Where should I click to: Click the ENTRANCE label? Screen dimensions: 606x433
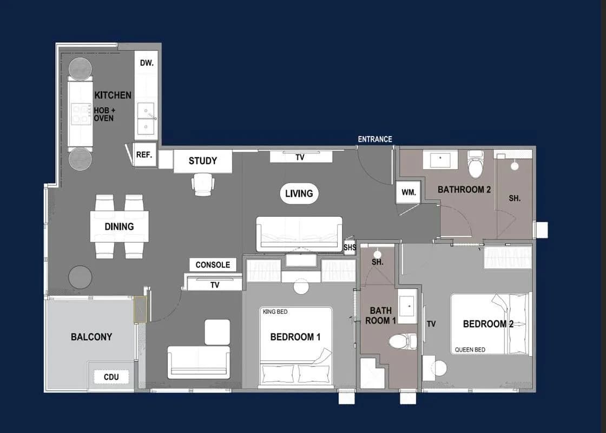coord(374,139)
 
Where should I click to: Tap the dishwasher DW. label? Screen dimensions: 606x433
coord(147,63)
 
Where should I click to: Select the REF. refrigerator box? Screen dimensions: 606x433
coord(144,155)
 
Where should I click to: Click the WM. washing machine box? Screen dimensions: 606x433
coord(409,192)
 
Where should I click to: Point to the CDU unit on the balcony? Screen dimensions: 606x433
coord(111,377)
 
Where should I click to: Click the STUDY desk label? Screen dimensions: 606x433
coord(202,160)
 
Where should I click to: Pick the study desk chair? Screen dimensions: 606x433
coord(202,185)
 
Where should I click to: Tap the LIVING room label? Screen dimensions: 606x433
coord(299,193)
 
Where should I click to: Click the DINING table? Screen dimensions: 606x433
coord(120,227)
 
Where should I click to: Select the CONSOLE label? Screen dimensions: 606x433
coord(213,264)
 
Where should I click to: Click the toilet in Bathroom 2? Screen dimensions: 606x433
coord(476,163)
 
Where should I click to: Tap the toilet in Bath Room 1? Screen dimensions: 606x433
coord(403,341)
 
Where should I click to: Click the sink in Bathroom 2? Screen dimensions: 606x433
coord(440,159)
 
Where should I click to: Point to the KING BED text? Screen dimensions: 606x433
coord(275,312)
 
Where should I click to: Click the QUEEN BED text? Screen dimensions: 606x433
coord(470,350)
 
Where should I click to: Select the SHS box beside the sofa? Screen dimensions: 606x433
coord(350,247)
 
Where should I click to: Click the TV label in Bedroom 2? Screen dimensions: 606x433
coord(431,324)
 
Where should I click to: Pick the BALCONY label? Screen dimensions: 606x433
coord(91,337)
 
